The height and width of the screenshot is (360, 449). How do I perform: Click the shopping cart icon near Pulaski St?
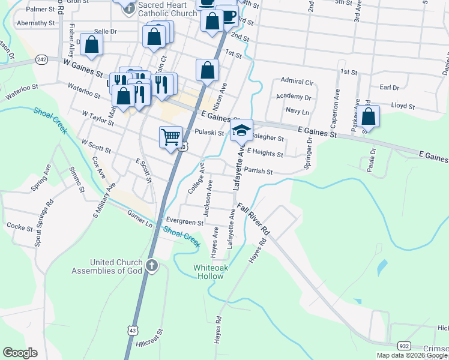[x=170, y=137]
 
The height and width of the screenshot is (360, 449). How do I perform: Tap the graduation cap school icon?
[x=241, y=130]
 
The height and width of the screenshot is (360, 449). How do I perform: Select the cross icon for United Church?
[x=152, y=265]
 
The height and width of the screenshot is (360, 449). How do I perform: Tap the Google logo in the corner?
[x=20, y=352]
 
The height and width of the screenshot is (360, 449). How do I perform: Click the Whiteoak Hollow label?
[x=208, y=272]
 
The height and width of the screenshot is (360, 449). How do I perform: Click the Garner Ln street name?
[x=139, y=218]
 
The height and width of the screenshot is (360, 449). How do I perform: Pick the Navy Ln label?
[x=297, y=112]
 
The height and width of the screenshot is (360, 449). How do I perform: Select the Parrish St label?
[x=258, y=172]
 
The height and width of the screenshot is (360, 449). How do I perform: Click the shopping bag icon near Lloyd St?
[x=369, y=117]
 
